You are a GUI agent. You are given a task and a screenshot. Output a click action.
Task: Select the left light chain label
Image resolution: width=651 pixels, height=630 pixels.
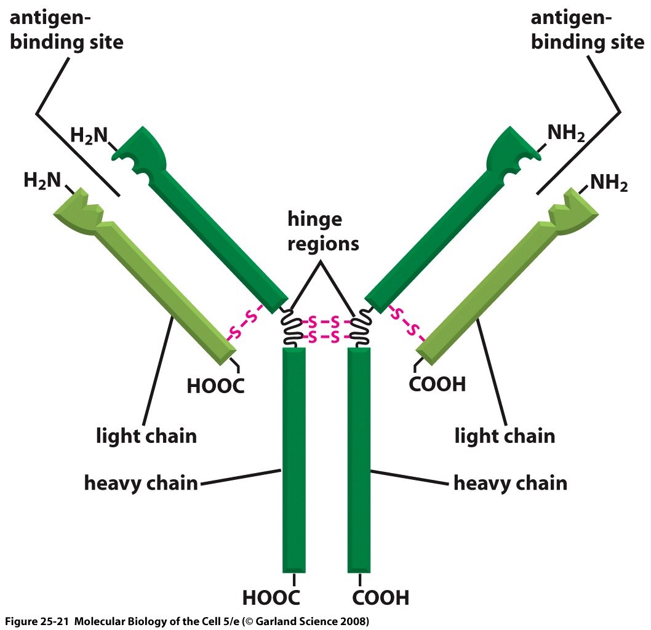pyautogui.click(x=146, y=436)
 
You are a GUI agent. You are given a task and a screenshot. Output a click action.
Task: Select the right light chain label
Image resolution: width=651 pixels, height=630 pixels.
pyautogui.click(x=505, y=436)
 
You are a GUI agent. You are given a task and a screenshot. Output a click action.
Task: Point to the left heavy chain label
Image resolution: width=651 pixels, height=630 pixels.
pyautogui.click(x=141, y=483)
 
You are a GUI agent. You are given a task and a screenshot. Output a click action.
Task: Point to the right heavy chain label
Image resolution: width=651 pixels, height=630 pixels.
pyautogui.click(x=510, y=483)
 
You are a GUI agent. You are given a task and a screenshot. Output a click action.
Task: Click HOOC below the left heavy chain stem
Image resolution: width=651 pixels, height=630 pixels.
pyautogui.click(x=271, y=597)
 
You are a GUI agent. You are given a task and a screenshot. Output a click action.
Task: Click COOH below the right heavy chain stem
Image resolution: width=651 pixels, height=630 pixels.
pyautogui.click(x=381, y=597)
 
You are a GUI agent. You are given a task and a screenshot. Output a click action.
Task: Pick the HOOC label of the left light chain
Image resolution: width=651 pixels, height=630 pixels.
pyautogui.click(x=216, y=386)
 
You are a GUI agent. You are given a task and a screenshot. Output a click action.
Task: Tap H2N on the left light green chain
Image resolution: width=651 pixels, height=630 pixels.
pyautogui.click(x=42, y=180)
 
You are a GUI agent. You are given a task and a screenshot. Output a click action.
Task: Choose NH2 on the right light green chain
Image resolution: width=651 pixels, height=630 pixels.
pyautogui.click(x=609, y=183)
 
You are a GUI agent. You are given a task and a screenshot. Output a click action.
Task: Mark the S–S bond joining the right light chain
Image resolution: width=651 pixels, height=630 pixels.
pyautogui.click(x=407, y=324)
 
